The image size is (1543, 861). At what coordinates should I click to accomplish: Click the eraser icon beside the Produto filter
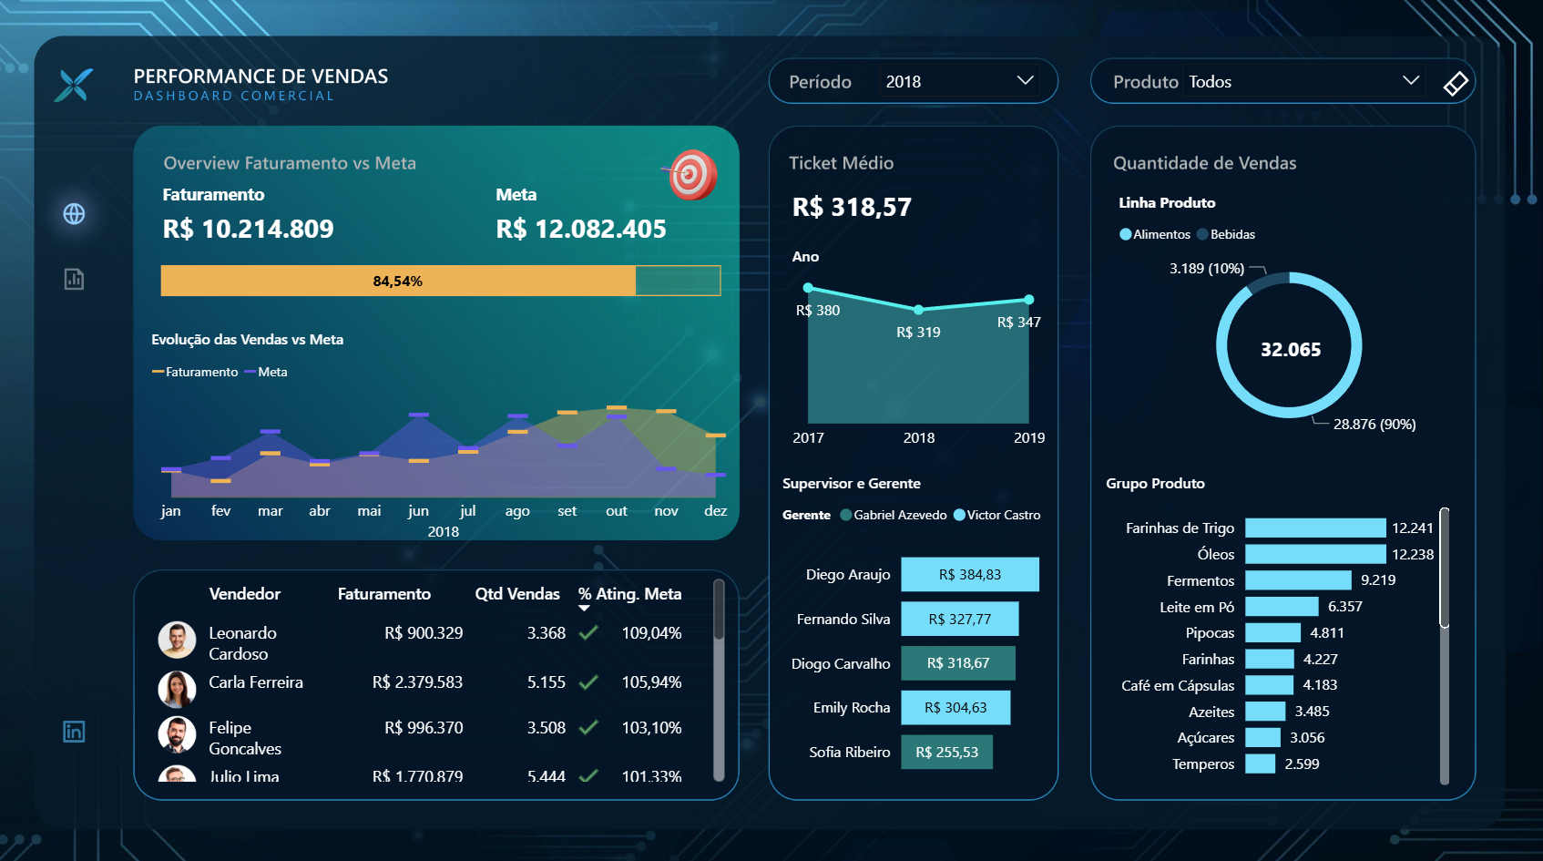(1456, 83)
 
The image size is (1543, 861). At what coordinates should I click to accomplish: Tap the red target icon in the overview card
(693, 175)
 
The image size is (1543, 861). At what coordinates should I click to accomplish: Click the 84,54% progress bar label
(397, 282)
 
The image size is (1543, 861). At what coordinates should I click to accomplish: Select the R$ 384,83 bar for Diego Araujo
(969, 575)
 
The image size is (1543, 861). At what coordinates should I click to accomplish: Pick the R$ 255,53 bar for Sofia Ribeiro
(946, 753)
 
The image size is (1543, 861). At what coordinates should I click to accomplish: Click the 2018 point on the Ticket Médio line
(918, 310)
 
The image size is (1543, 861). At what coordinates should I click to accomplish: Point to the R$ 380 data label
(818, 311)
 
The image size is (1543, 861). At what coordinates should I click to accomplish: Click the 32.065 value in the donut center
(1290, 350)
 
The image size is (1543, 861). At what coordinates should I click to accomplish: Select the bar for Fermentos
(1297, 580)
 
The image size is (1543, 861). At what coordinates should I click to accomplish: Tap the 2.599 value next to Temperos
(1302, 764)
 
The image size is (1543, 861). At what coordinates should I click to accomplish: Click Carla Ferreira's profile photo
(177, 689)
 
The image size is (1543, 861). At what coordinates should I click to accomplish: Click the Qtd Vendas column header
(516, 594)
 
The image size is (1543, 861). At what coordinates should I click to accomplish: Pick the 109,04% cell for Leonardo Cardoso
(651, 633)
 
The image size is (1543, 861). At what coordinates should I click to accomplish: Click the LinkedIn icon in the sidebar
(74, 732)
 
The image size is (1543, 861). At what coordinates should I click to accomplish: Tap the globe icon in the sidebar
(74, 214)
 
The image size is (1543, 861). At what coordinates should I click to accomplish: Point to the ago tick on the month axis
(517, 511)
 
